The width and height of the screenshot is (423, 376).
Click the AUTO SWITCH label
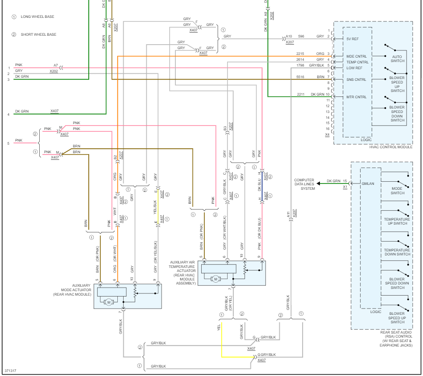pos(397,58)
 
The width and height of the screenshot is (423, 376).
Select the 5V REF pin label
pos(352,39)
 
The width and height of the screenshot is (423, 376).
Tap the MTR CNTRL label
pos(356,97)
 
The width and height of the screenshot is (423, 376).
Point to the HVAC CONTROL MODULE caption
pos(391,147)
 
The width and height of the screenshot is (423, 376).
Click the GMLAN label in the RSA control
pos(368,184)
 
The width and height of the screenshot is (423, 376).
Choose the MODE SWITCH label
pos(397,191)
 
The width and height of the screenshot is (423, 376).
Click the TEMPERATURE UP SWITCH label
pos(397,221)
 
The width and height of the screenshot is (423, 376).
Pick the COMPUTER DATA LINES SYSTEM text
pos(304,184)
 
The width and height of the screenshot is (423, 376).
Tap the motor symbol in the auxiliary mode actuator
pos(108,302)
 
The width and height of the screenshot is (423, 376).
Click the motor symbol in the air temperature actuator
pos(216,279)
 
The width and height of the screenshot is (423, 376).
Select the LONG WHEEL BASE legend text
pos(37,17)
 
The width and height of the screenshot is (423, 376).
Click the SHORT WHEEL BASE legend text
pos(38,34)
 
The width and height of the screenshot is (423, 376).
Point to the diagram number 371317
pos(11,371)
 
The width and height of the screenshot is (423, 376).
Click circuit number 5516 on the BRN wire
pos(300,77)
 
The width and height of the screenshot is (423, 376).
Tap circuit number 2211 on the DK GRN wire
pos(300,94)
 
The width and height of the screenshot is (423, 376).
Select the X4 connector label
pos(328,134)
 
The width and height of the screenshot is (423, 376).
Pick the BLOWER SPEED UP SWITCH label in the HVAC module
pos(397,84)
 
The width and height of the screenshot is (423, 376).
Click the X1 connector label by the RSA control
pos(344,187)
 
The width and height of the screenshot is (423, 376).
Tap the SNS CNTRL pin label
pos(356,79)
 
